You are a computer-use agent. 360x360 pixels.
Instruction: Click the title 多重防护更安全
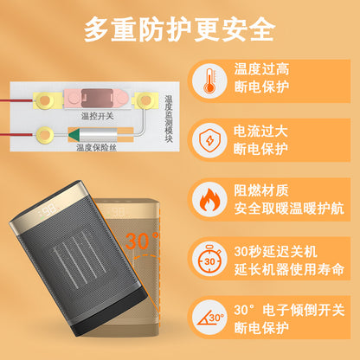(x=179, y=29)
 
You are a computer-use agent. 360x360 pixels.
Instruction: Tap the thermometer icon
(x=209, y=81)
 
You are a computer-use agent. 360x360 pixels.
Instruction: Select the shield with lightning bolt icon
(x=209, y=140)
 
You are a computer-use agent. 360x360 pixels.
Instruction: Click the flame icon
(x=209, y=200)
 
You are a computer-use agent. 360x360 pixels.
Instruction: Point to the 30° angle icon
(x=210, y=318)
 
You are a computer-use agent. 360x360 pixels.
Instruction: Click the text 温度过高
(x=261, y=69)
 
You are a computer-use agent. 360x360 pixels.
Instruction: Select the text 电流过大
(x=260, y=132)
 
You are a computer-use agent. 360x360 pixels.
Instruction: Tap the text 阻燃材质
(x=261, y=190)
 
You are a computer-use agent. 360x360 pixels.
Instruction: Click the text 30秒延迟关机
(x=276, y=252)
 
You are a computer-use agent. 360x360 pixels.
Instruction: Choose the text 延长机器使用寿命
(x=289, y=270)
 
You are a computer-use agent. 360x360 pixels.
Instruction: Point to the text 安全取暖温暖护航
(x=289, y=209)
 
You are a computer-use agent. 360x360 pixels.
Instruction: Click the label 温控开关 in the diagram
(x=98, y=116)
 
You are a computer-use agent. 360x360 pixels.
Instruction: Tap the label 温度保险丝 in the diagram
(x=97, y=148)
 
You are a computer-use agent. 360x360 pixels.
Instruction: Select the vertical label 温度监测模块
(x=169, y=119)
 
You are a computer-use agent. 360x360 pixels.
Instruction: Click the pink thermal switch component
(x=96, y=99)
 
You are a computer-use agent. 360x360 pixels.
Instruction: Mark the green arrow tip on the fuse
(x=69, y=134)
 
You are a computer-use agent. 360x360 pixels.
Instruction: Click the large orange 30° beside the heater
(x=142, y=240)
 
